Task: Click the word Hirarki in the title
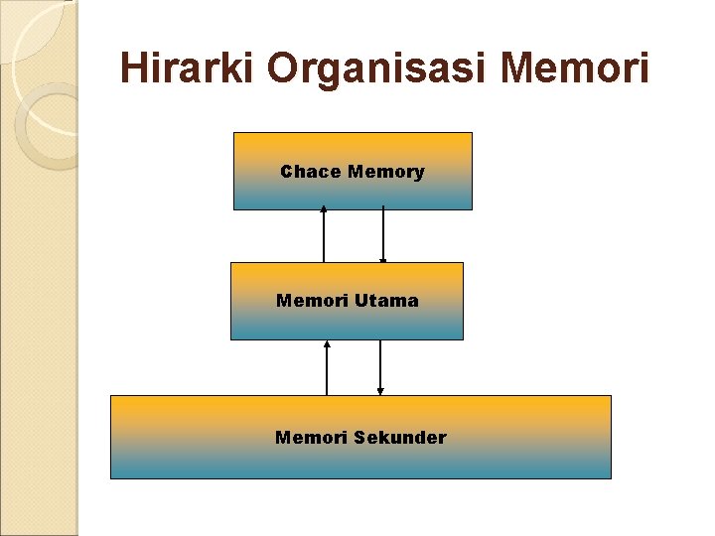coord(187,68)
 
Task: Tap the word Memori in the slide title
coord(576,68)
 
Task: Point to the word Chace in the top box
coord(310,172)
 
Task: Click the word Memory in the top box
coord(386,172)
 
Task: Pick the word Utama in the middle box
coord(384,300)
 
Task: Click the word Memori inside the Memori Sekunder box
coord(310,437)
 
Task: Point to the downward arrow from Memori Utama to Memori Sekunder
coord(380,367)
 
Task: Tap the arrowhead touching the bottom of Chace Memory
coord(324,209)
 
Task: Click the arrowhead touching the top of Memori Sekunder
coord(380,392)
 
